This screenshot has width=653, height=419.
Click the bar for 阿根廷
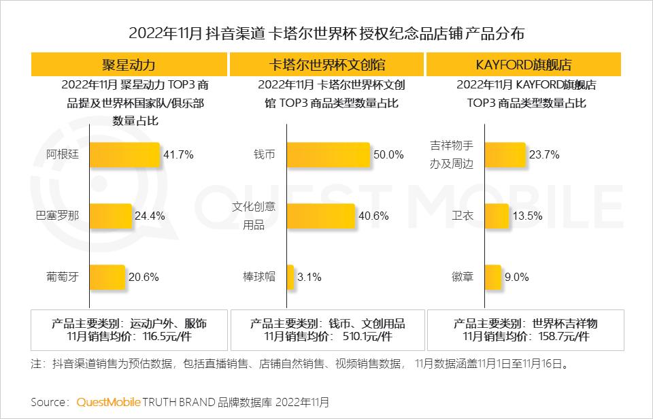tap(124, 154)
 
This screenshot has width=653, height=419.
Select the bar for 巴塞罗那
tap(110, 216)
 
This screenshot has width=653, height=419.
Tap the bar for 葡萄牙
tap(107, 277)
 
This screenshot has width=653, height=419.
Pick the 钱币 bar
tap(328, 154)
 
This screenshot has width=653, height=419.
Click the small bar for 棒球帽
tap(290, 277)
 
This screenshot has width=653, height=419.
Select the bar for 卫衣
tap(497, 216)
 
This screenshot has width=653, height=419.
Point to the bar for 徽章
tap(493, 277)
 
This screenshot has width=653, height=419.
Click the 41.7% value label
tap(178, 154)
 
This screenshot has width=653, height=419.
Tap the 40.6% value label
tap(373, 216)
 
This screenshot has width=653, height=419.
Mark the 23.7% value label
tap(544, 154)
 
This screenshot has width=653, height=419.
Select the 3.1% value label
tap(309, 277)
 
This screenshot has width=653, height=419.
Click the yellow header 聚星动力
tap(129, 65)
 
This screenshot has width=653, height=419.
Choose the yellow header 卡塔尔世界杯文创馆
tap(326, 65)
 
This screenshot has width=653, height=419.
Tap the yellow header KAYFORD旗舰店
tap(524, 65)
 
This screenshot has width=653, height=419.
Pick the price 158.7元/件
tap(564, 337)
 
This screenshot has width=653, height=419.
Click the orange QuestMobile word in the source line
tap(108, 402)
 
